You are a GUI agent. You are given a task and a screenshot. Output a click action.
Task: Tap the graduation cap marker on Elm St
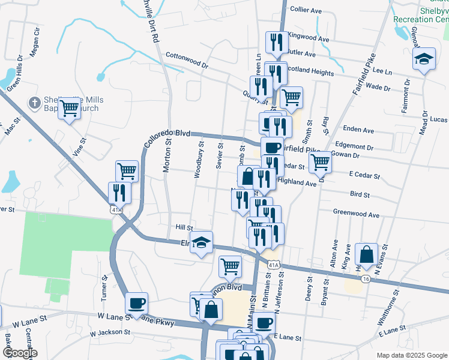pos(202,243)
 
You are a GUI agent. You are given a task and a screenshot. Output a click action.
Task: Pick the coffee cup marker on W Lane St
pos(136,303)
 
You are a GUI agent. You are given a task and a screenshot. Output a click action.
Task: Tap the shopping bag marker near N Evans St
pos(366,254)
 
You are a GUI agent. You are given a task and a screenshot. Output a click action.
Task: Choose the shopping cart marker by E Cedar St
pos(321,161)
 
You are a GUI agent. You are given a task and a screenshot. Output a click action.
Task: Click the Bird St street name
pos(359,194)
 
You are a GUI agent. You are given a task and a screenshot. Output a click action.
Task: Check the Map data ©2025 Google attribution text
pos(411,355)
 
